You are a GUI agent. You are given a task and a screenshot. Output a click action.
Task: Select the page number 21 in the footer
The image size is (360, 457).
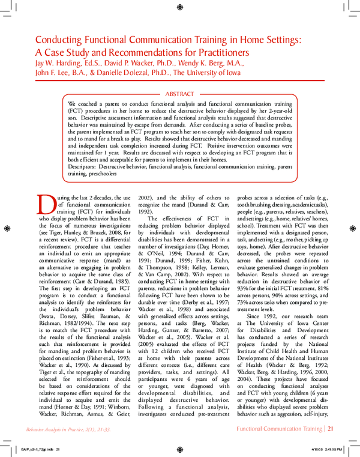point(331,430)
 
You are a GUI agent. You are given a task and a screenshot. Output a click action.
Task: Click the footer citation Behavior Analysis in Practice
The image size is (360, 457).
point(57,430)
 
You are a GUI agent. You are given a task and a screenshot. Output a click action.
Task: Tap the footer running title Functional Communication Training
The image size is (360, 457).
point(277,430)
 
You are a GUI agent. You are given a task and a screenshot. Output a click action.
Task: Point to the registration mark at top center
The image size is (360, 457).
point(180,7)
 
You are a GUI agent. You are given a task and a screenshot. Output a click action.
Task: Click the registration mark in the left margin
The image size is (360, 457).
point(7,228)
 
